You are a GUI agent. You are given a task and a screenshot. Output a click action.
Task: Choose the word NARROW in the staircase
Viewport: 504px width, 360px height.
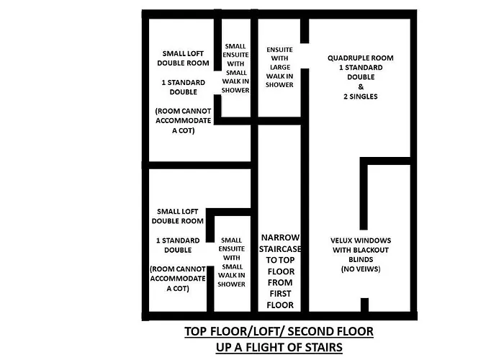[279, 237]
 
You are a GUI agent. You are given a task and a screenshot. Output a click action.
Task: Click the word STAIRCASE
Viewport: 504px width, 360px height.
[279, 248]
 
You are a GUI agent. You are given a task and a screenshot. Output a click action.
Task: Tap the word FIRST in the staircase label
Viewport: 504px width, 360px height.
[279, 294]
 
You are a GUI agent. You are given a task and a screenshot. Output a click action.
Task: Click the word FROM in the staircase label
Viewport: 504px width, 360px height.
[279, 282]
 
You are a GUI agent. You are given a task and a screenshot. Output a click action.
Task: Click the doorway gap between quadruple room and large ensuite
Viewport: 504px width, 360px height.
[305, 52]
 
